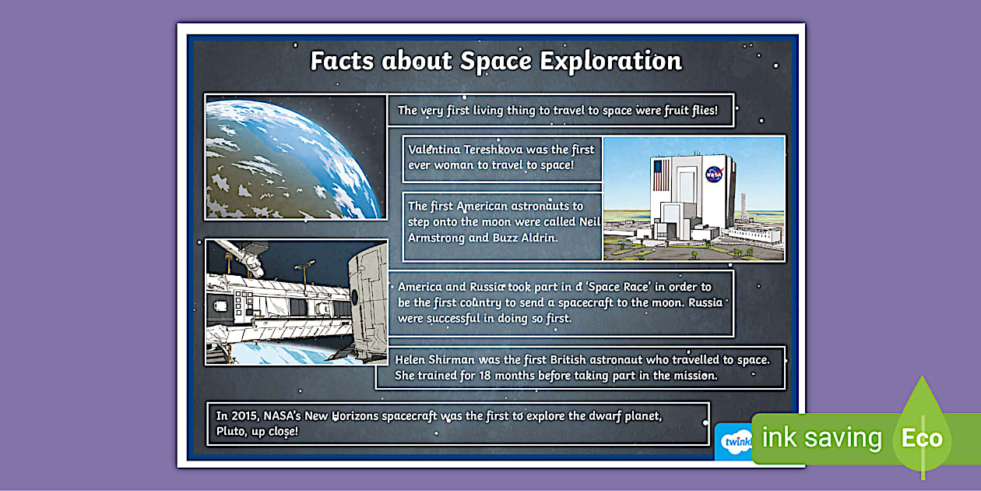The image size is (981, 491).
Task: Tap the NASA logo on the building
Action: click(714, 174)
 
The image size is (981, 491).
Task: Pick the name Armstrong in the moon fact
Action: click(436, 238)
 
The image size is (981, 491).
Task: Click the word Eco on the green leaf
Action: click(922, 438)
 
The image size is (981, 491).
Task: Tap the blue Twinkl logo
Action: click(734, 442)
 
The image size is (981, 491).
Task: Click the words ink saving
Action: click(821, 438)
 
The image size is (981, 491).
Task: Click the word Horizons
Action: click(360, 415)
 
